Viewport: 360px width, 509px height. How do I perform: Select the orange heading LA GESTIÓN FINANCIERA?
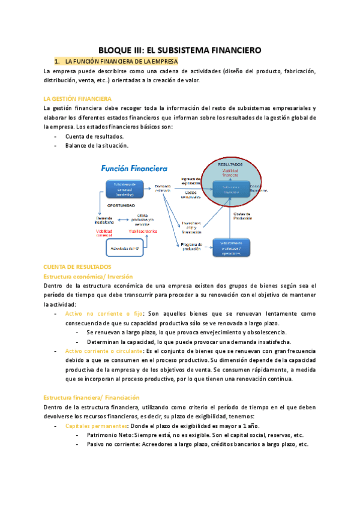78,98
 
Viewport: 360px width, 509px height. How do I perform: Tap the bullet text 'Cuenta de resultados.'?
94,136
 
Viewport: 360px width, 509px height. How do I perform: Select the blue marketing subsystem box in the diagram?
124,189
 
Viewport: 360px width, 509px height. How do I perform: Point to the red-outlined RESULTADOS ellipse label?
230,163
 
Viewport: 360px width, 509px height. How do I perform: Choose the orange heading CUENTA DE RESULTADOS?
77,267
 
